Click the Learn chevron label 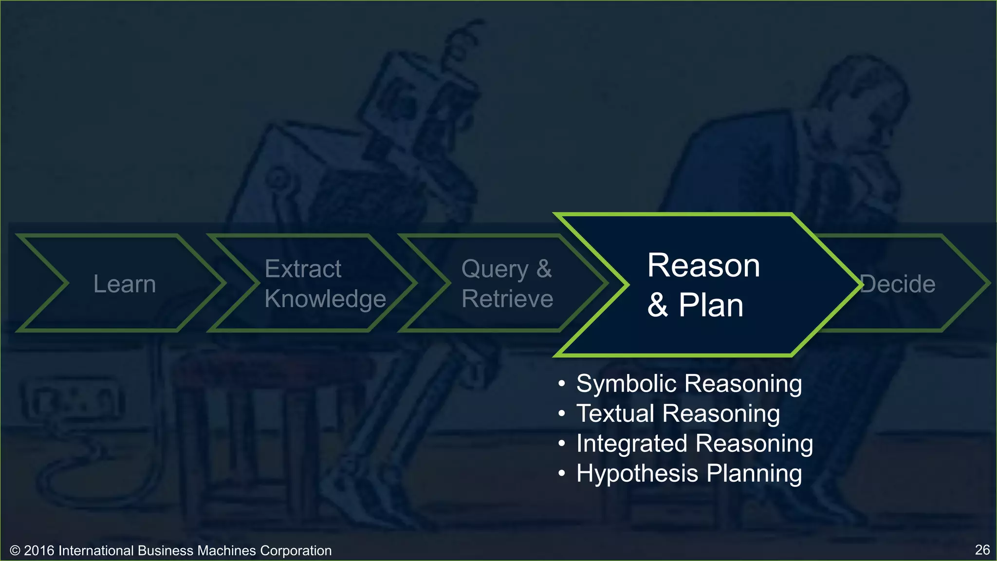[x=125, y=284]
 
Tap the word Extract [x=303, y=269]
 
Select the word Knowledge [x=325, y=299]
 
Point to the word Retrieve [x=507, y=299]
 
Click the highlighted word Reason [x=703, y=266]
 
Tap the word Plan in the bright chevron [x=711, y=306]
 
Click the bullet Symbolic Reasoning [x=689, y=384]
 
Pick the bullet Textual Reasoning [x=678, y=413]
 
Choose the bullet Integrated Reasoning [x=694, y=444]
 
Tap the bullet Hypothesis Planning [x=689, y=473]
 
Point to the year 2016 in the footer [x=39, y=551]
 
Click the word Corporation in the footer [x=295, y=551]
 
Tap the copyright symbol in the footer [x=15, y=551]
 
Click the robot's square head [x=419, y=97]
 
